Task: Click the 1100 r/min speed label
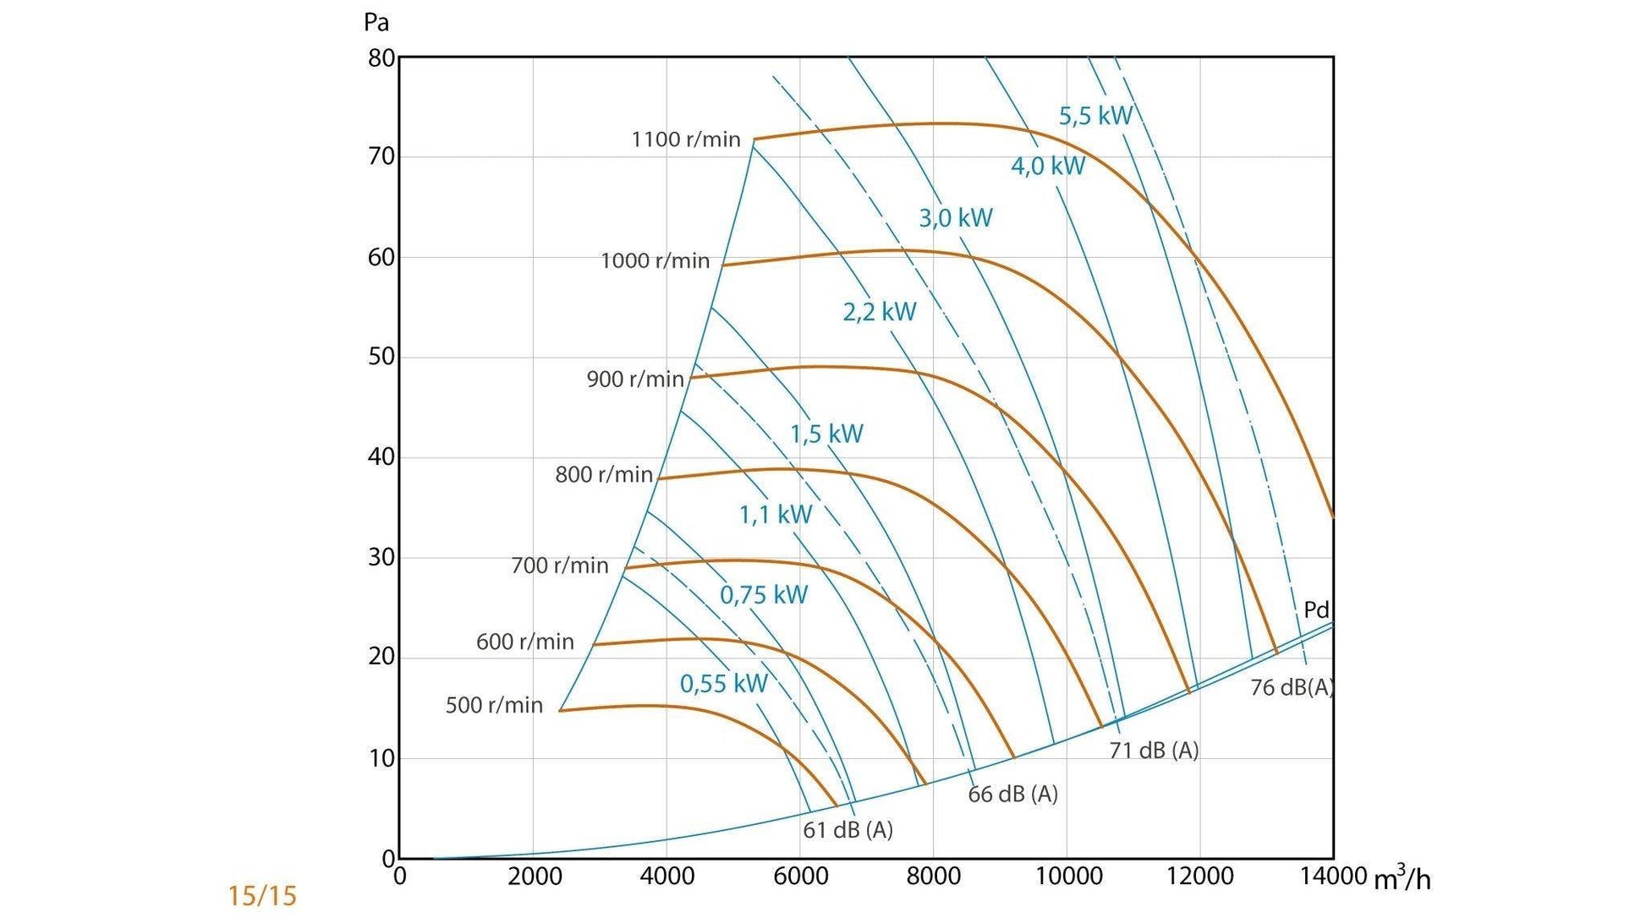pos(685,139)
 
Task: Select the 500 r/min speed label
pos(494,705)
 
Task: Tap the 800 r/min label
pos(604,474)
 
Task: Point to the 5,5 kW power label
pos(1095,116)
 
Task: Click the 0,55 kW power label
pos(723,683)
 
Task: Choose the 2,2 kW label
pos(879,312)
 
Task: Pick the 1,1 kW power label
pos(776,514)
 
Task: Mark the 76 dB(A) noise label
pos(1292,688)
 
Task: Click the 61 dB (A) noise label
pos(848,830)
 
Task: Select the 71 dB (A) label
pos(1154,751)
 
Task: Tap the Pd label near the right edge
pos(1316,609)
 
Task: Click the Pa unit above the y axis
pos(376,22)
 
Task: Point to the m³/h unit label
pos(1402,878)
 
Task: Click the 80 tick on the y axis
pos(381,58)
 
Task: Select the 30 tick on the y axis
pos(381,557)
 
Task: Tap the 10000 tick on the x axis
pos(1068,876)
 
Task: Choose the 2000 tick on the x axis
pos(534,876)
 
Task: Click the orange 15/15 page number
pos(262,896)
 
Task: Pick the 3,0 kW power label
pos(955,218)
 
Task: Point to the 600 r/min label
pos(524,642)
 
